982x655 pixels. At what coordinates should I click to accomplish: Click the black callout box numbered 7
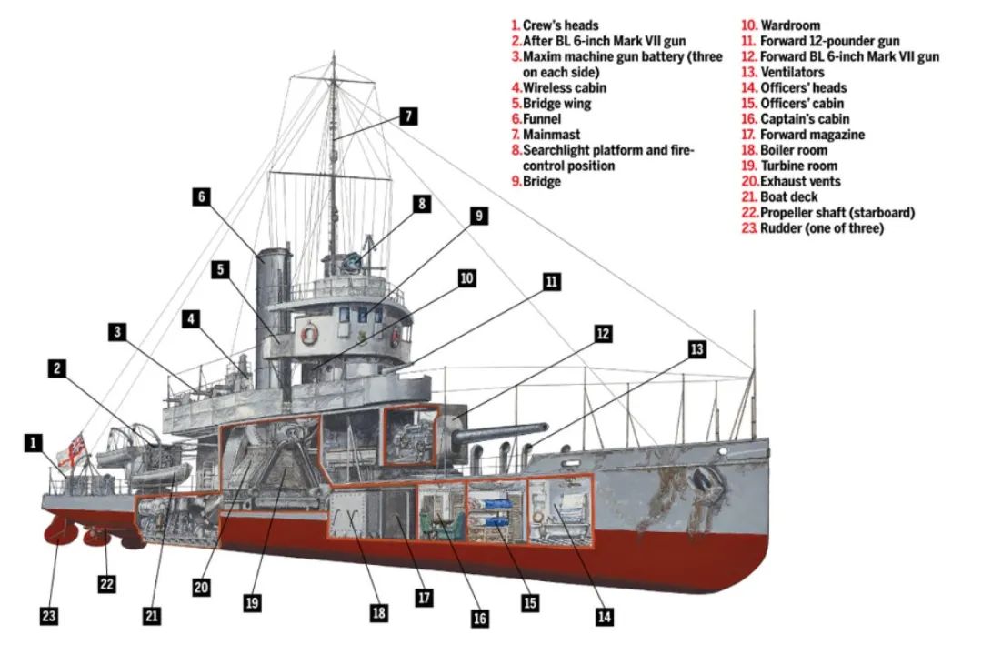pos(408,116)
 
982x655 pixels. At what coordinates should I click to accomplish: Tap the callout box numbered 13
pos(696,349)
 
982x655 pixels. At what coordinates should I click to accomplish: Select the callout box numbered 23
pos(49,616)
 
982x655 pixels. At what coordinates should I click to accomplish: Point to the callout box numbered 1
pos(33,443)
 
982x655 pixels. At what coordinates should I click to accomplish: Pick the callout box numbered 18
pos(379,612)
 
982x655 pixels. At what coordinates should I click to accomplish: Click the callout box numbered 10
pos(466,278)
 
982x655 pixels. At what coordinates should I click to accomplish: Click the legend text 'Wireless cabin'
pos(565,88)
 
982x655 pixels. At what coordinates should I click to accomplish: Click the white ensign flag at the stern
pos(74,450)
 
